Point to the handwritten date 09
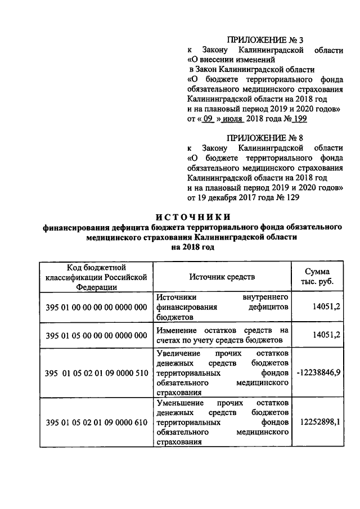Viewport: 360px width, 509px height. [208, 119]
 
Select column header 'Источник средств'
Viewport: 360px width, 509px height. [222, 277]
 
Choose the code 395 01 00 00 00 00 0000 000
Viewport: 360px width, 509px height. [96, 307]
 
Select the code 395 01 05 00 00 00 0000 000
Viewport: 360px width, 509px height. [96, 335]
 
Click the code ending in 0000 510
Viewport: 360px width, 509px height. [96, 373]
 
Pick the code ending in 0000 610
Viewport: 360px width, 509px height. [96, 422]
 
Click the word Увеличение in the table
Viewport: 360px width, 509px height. [177, 353]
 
